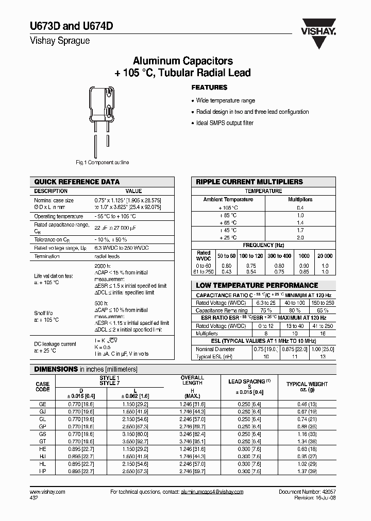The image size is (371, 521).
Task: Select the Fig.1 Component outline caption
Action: [103, 162]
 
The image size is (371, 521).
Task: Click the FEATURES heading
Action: [209, 88]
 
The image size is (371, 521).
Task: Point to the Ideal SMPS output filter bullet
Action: [225, 123]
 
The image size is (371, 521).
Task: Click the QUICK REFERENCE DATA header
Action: [77, 182]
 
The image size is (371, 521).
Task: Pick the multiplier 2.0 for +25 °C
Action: [300, 238]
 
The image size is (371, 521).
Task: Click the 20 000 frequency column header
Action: [325, 256]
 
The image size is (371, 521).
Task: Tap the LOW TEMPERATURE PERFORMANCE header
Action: [257, 285]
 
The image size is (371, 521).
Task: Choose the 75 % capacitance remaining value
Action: [252, 310]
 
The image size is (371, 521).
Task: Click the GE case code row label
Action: [43, 404]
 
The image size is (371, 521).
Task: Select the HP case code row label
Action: [43, 472]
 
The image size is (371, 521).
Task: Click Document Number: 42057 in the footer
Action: [307, 492]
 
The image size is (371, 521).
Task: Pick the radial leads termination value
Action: [107, 256]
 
